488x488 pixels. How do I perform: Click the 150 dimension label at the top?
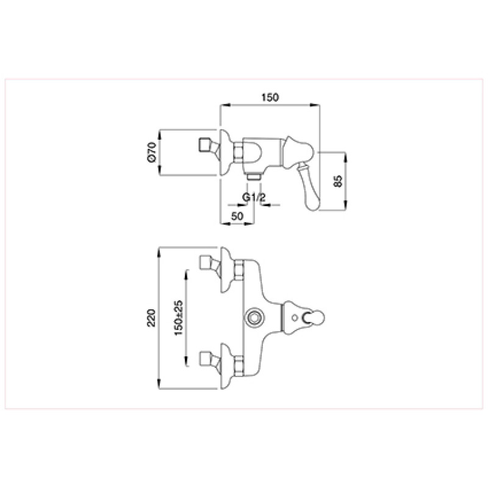pyautogui.click(x=270, y=98)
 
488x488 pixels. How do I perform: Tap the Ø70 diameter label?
pyautogui.click(x=151, y=152)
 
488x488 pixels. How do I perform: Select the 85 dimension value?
pyautogui.click(x=338, y=181)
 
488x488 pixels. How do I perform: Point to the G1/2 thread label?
pyautogui.click(x=254, y=197)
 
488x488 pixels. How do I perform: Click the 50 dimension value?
pyautogui.click(x=237, y=216)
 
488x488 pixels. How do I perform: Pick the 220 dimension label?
pyautogui.click(x=151, y=318)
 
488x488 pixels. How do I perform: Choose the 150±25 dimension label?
pyautogui.click(x=179, y=318)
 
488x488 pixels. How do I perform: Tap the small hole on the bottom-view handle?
pyautogui.click(x=295, y=318)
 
